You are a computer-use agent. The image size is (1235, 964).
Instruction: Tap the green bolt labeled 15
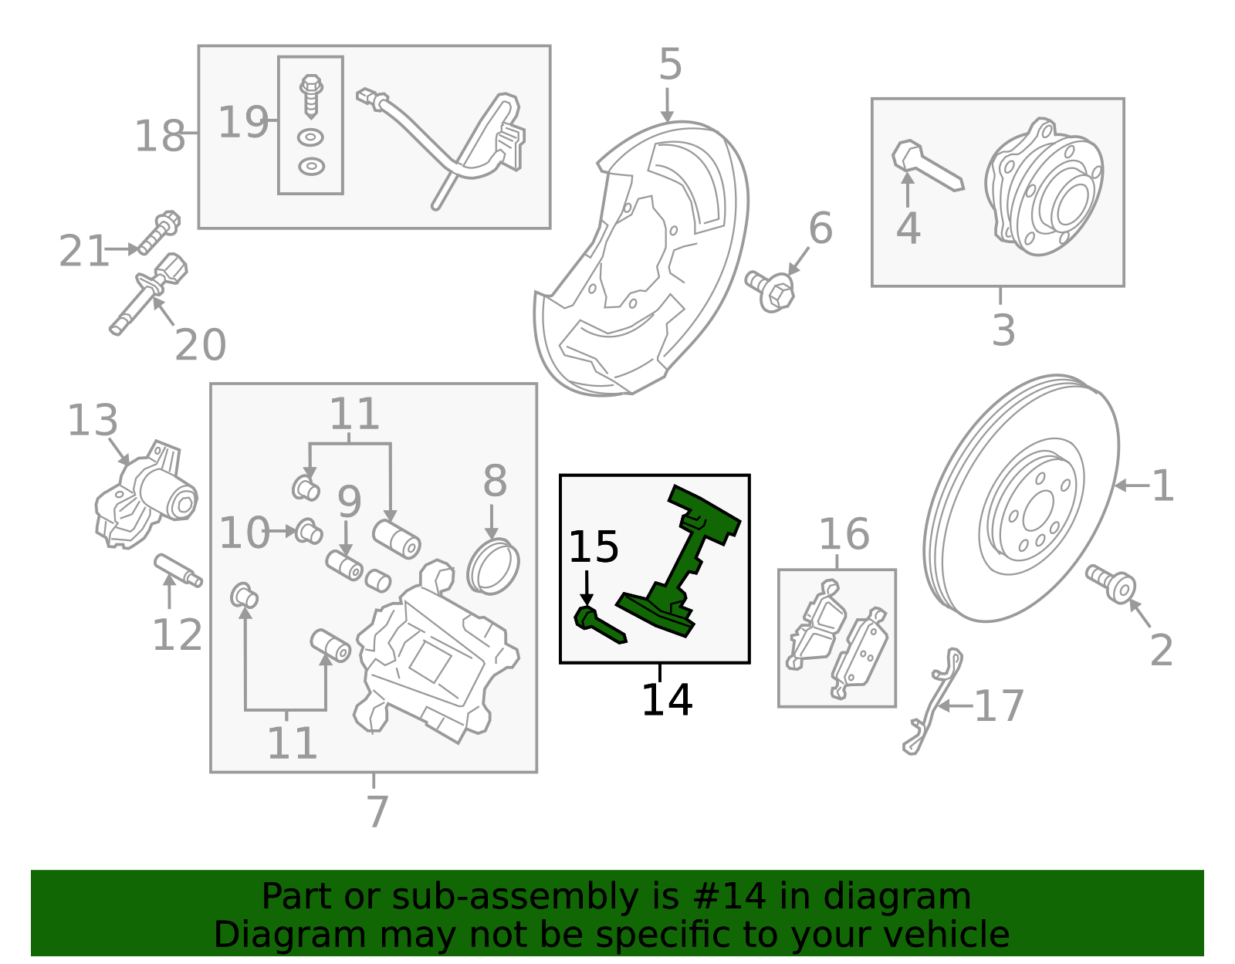(599, 625)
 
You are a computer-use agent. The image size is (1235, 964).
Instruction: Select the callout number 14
(666, 700)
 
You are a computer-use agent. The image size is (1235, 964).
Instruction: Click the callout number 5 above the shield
(670, 65)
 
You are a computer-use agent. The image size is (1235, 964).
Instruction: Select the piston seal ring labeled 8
(492, 567)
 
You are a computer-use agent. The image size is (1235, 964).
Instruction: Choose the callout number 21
(83, 252)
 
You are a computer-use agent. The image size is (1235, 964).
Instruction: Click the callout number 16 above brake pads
(843, 535)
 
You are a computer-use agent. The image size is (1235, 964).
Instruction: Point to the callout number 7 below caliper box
(377, 811)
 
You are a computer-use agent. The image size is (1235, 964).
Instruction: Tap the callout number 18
(160, 137)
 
